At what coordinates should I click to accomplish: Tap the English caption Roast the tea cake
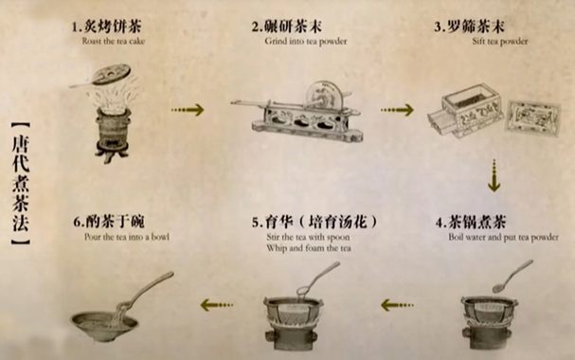(112, 41)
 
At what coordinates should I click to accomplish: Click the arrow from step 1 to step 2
(187, 110)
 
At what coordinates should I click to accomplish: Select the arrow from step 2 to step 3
(397, 110)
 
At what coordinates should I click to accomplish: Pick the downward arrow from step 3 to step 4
(494, 174)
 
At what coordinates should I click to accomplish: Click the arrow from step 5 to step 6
(219, 304)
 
